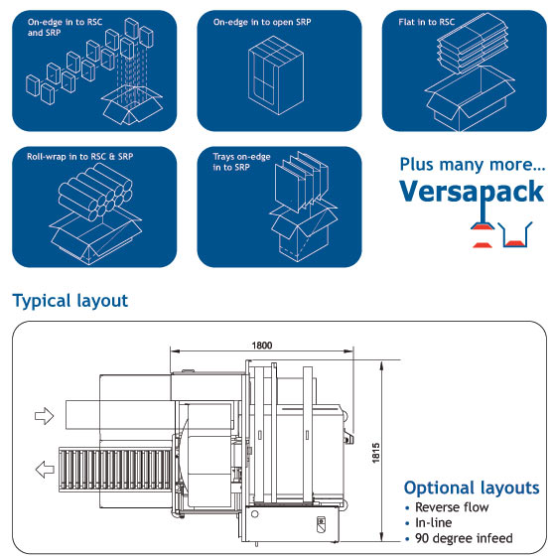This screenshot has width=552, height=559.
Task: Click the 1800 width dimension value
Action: (x=262, y=346)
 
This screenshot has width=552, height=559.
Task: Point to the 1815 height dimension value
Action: (x=376, y=453)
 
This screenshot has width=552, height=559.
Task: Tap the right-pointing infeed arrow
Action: (x=45, y=416)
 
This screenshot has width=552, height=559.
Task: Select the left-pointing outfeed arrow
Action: (x=45, y=469)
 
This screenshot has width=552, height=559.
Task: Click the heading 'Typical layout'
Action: (x=69, y=301)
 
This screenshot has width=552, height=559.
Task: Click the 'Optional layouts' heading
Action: (x=472, y=488)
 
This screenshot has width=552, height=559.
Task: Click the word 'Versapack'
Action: (x=472, y=192)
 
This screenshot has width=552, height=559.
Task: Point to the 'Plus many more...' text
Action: (x=473, y=165)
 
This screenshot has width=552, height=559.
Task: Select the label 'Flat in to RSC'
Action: (x=427, y=22)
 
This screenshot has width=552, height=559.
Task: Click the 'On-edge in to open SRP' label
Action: (x=262, y=22)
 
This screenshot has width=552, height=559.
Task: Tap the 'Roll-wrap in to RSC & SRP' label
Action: (x=79, y=157)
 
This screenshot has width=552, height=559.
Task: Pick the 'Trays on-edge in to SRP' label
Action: (x=241, y=162)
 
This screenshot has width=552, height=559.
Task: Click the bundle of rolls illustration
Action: (x=95, y=192)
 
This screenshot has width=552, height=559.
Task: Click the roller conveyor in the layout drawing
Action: (x=116, y=470)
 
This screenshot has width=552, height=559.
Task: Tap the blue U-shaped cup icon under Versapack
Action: (x=515, y=234)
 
